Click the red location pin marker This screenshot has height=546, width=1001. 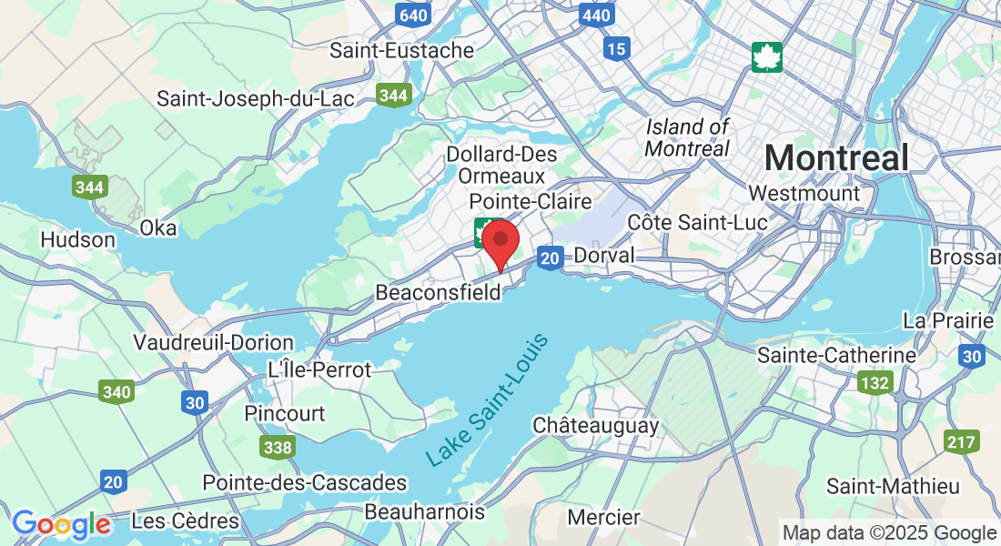click(500, 241)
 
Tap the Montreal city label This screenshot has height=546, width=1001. click(836, 158)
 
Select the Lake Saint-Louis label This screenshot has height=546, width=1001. click(488, 401)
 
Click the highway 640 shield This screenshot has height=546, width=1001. click(413, 15)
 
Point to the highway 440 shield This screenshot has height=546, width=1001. click(596, 15)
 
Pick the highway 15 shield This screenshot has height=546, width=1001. click(616, 48)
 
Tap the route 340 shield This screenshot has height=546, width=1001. click(117, 392)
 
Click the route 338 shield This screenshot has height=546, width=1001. click(277, 447)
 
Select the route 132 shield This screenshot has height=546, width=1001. click(875, 382)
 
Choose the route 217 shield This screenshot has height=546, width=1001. click(962, 441)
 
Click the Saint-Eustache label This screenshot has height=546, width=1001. click(402, 50)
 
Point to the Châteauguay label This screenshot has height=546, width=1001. click(596, 425)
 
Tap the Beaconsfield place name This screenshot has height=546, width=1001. click(438, 293)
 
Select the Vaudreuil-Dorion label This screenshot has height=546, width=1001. click(214, 343)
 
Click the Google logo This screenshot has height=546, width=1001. click(61, 524)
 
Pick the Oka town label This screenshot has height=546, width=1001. click(158, 227)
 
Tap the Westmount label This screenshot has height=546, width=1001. click(804, 193)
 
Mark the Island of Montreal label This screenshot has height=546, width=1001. click(688, 136)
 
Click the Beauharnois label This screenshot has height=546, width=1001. click(425, 512)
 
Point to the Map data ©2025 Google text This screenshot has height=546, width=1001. click(889, 532)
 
